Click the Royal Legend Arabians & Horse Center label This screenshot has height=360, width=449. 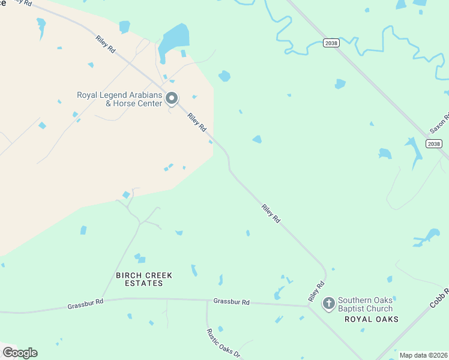(x=119, y=99)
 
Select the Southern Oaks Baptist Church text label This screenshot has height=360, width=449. (x=365, y=304)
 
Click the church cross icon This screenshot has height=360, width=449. (x=328, y=304)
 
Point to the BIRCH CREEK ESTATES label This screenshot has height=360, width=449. (x=144, y=279)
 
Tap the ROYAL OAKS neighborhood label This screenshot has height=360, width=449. (x=372, y=319)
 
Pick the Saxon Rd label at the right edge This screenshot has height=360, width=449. (x=440, y=124)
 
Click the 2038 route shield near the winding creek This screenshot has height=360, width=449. (x=330, y=43)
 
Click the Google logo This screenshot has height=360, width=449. (x=20, y=352)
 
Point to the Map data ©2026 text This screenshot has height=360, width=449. (x=423, y=355)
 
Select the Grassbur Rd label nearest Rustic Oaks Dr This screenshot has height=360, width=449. (x=231, y=302)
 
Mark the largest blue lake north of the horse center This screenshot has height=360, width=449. (x=174, y=37)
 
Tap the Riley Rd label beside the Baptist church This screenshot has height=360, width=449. (x=316, y=291)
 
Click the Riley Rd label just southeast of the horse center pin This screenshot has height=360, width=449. (x=196, y=123)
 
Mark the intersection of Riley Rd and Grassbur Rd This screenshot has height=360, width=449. (x=309, y=306)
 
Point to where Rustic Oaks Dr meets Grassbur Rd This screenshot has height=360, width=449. (x=207, y=301)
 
